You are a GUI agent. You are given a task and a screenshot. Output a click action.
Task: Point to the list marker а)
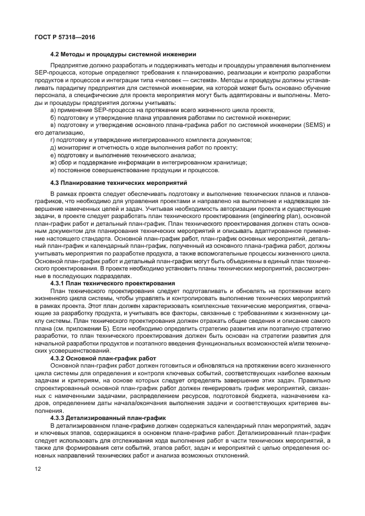pyautogui.click(x=53, y=110)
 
